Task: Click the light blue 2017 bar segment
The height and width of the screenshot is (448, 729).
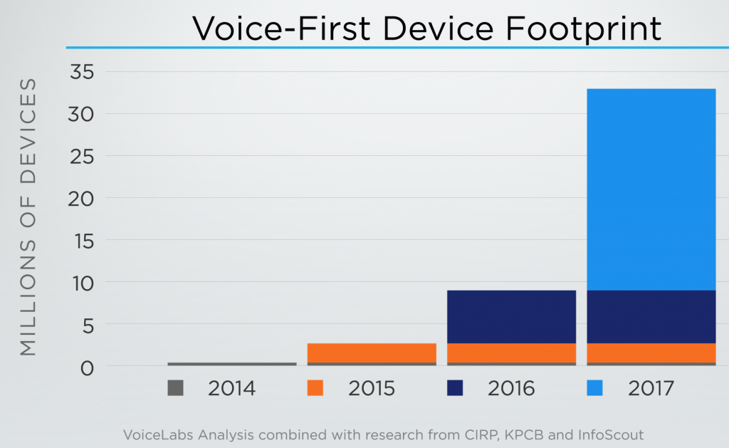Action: [651, 189]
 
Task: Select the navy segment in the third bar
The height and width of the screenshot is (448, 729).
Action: [511, 316]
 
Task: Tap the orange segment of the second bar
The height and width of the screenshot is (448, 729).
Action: [372, 353]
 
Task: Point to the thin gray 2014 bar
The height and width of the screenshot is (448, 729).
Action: [232, 364]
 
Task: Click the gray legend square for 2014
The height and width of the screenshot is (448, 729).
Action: [175, 388]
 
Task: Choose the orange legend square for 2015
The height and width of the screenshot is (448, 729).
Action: [315, 388]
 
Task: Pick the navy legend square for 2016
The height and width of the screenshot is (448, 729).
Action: [454, 388]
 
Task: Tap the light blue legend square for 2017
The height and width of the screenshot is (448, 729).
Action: [594, 388]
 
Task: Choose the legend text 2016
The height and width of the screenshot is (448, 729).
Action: [511, 389]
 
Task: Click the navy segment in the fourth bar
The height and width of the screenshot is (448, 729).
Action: [651, 316]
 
